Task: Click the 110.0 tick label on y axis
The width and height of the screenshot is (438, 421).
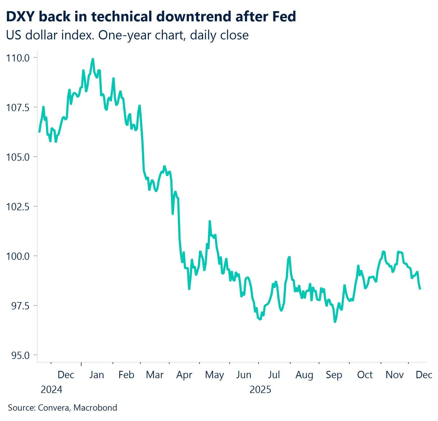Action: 18,58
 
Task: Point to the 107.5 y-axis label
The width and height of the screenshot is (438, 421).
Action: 18,107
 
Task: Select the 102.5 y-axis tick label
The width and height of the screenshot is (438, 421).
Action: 18,207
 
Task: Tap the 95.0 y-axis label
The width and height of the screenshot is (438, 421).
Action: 20,355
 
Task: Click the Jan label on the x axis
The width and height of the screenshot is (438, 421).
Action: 97,375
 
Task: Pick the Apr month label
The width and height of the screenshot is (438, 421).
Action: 184,375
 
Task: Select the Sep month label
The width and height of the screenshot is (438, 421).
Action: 334,375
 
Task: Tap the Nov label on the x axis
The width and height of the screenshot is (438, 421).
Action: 394,375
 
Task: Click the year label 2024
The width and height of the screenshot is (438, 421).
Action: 51,390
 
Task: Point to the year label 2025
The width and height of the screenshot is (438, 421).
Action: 260,390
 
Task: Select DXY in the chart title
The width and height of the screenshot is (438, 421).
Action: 20,16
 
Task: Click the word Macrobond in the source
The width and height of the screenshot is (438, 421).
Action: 95,408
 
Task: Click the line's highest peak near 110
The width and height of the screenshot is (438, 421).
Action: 93,59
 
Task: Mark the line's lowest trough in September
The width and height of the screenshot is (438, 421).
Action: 335,322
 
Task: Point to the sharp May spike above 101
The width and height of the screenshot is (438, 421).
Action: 210,221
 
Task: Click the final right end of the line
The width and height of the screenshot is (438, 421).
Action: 420,289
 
